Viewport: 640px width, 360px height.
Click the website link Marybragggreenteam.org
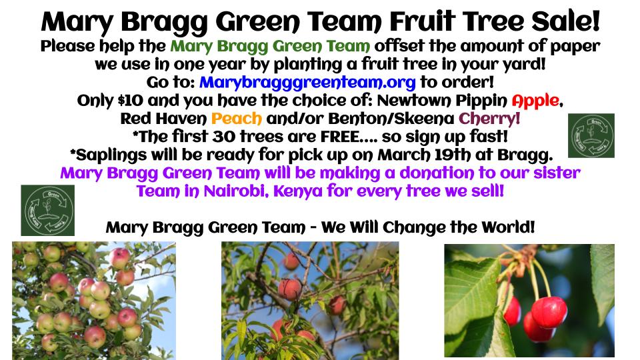307,83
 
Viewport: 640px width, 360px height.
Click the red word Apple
535,101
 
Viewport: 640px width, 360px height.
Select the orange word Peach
236,119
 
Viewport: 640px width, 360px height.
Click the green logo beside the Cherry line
591,135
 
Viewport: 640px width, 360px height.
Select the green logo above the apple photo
48,210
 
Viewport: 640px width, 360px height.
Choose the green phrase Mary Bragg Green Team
270,46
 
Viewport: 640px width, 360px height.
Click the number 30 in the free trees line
224,137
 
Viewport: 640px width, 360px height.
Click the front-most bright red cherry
549,312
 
